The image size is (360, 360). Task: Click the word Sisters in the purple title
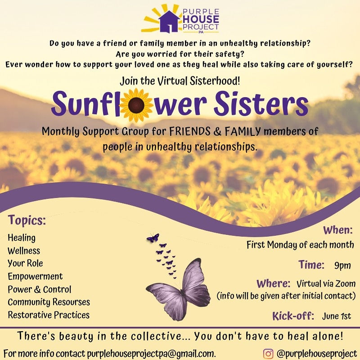point(261,104)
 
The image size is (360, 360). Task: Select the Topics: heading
point(27,221)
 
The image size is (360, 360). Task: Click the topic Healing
point(22,238)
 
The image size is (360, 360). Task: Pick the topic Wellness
point(24,251)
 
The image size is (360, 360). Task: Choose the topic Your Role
point(25,263)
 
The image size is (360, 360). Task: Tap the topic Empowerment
point(35,276)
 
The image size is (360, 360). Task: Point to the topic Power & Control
point(39,289)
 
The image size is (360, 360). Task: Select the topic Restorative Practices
point(49,315)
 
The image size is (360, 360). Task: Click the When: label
point(337,230)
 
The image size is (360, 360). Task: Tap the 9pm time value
point(342,265)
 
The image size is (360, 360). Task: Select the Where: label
point(273,284)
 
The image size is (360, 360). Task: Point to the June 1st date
point(337,316)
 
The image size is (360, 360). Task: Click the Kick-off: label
point(293,315)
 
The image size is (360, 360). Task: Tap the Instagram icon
point(268,353)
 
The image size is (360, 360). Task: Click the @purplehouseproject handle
point(317,353)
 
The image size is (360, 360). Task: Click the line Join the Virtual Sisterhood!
point(180,81)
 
